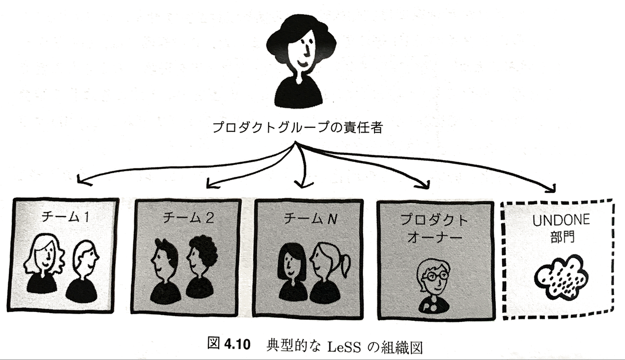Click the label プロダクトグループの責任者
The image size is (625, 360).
coord(297,128)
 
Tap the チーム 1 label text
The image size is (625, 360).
coord(65,217)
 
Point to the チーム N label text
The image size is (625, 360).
coord(310,218)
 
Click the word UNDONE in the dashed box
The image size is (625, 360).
coord(561,220)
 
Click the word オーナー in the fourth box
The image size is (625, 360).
coord(434,238)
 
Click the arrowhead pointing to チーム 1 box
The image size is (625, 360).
coord(83,181)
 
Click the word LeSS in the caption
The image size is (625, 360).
coord(343,347)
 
